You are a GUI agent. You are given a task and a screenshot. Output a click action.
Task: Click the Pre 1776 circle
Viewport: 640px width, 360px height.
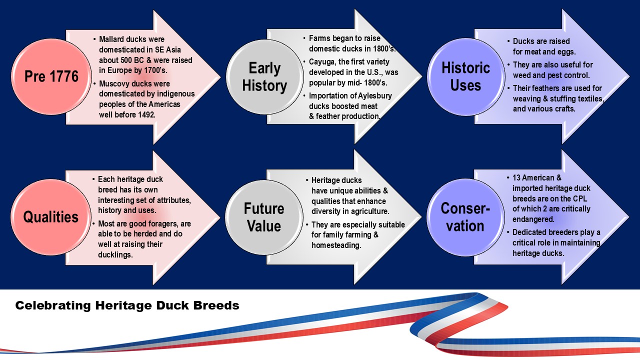(51, 76)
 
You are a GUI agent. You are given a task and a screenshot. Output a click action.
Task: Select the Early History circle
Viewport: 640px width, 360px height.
(264, 76)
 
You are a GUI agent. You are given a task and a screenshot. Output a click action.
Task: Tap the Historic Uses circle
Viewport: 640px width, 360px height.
(465, 76)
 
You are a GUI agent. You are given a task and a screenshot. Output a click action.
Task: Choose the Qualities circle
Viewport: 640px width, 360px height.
(50, 216)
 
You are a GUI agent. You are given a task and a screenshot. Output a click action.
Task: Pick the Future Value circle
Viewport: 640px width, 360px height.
(264, 216)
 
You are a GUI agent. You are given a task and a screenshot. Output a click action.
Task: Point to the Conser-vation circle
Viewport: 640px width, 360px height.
(465, 216)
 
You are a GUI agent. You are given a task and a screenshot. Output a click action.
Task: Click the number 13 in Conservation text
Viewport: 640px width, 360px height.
(517, 177)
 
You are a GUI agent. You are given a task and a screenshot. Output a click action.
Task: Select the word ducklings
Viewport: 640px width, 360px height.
(116, 255)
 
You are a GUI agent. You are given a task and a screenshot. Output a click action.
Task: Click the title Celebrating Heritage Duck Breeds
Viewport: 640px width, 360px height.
(127, 305)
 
